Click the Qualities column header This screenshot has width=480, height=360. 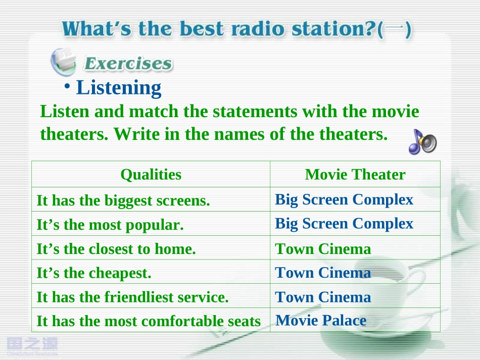[x=151, y=175]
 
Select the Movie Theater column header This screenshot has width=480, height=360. [x=355, y=175]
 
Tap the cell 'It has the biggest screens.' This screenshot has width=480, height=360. [x=123, y=201]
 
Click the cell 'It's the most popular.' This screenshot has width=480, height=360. [x=110, y=225]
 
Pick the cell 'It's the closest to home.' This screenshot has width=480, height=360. [x=116, y=249]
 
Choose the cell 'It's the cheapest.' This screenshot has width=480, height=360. [x=94, y=273]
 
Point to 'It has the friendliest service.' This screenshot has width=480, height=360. [x=132, y=297]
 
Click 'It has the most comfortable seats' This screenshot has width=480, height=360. [x=149, y=321]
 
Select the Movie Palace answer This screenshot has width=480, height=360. [x=321, y=321]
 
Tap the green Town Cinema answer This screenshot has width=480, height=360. [x=323, y=249]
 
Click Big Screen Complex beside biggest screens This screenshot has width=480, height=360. [x=344, y=200]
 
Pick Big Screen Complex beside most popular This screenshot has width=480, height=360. [x=344, y=224]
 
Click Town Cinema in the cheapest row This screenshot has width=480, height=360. [x=323, y=273]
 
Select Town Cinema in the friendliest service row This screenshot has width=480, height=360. [x=323, y=297]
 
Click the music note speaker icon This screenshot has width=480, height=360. [x=423, y=141]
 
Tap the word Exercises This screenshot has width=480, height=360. [x=128, y=63]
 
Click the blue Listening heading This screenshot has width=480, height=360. [x=118, y=88]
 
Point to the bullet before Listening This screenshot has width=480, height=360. [x=67, y=86]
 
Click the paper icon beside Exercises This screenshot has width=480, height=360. [x=64, y=62]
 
